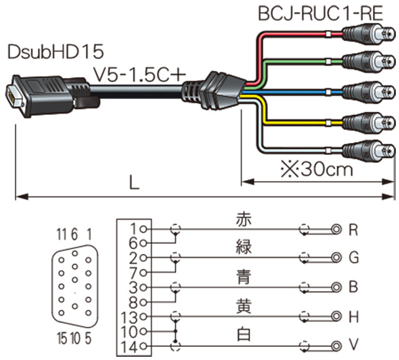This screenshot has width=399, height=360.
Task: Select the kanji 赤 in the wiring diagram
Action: (243, 220)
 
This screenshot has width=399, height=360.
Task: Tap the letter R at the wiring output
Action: (353, 230)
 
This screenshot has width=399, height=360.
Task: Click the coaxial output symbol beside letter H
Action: (337, 316)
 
